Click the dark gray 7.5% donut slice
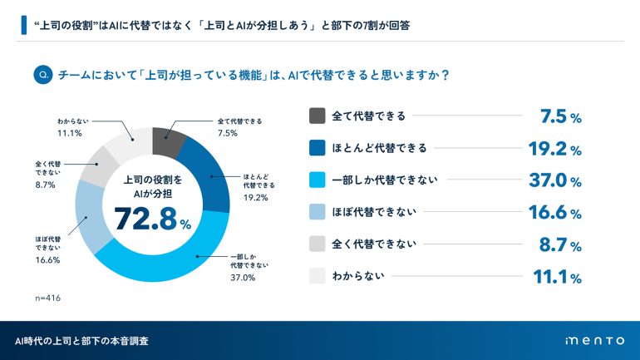click(168, 142)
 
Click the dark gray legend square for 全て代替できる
click(317, 116)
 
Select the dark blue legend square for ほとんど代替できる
click(317, 148)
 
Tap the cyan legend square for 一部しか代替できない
click(317, 180)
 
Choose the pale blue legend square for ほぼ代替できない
click(317, 212)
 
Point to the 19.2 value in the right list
click(547, 149)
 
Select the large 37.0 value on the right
click(547, 180)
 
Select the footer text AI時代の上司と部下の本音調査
click(82, 341)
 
